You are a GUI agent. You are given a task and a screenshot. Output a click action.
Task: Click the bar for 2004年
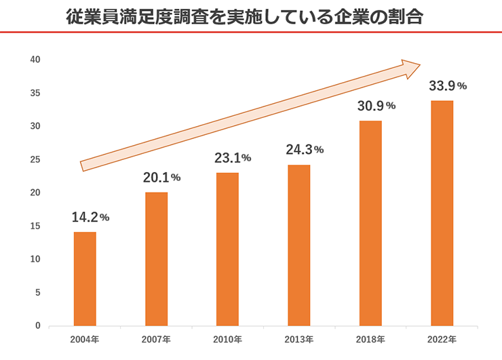(x=85, y=279)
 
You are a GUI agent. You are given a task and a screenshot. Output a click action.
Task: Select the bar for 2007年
(x=156, y=259)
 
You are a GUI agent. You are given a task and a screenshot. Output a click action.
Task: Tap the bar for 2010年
(x=227, y=249)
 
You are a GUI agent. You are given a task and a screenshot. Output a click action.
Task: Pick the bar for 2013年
(x=298, y=245)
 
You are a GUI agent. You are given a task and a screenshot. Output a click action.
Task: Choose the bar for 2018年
(x=370, y=223)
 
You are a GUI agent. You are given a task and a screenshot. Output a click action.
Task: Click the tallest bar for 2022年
(x=442, y=213)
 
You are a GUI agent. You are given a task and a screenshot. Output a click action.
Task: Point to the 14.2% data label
(x=90, y=218)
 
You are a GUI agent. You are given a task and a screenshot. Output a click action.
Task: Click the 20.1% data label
(x=161, y=178)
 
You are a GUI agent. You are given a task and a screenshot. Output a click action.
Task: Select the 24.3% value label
(x=305, y=150)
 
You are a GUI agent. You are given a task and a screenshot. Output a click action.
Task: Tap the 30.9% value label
(x=376, y=106)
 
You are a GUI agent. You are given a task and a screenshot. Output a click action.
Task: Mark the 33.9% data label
(x=447, y=86)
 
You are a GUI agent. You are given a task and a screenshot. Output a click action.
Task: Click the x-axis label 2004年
(x=85, y=339)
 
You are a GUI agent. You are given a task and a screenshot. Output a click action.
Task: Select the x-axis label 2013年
(x=298, y=339)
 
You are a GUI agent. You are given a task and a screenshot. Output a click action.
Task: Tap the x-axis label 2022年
(x=442, y=339)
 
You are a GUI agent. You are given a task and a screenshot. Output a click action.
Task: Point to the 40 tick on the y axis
(x=36, y=60)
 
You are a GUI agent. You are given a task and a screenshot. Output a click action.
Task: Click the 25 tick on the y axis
(x=36, y=159)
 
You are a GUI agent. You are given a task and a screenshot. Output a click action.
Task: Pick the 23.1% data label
(x=233, y=158)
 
